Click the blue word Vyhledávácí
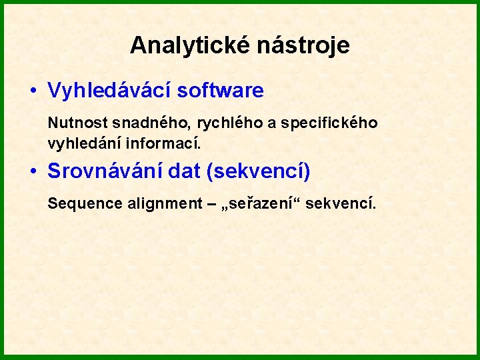(x=105, y=91)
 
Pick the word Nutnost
(x=72, y=123)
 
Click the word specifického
(x=329, y=123)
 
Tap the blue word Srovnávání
(x=105, y=171)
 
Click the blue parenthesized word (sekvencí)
(x=259, y=171)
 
